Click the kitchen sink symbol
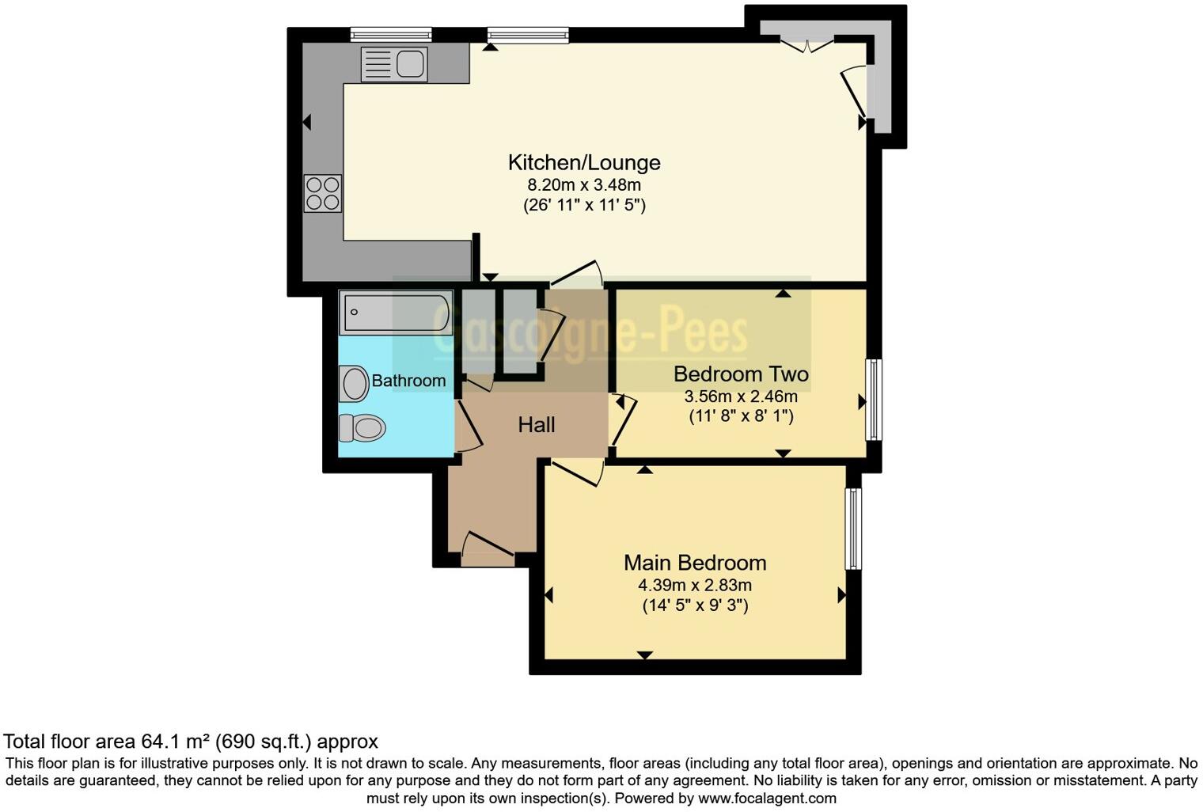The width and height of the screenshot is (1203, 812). pos(394,64)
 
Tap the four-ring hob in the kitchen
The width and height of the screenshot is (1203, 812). pos(323,193)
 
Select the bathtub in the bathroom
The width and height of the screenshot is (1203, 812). pos(396,313)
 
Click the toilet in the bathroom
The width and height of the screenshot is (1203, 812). pos(362,428)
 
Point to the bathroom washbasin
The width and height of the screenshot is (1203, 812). pos(355,383)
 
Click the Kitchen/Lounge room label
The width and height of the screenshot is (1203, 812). pos(583,162)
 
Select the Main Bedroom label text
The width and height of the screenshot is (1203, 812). pos(694,563)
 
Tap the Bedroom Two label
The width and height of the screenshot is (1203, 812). pos(740,374)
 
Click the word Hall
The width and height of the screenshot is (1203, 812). pos(536,425)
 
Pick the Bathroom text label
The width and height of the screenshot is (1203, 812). pos(408,381)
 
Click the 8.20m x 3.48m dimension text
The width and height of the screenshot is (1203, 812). pos(583,185)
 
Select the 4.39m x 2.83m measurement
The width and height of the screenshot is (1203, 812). pos(694,586)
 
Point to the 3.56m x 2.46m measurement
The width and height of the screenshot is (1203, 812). pos(740,397)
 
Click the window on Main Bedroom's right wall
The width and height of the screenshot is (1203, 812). pos(853,529)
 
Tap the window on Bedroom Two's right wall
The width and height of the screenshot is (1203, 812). pos(874,400)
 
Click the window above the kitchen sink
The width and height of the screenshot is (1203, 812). pos(391,34)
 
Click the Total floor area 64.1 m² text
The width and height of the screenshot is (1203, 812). pos(191,742)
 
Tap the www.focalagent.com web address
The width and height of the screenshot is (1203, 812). pos(767,798)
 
